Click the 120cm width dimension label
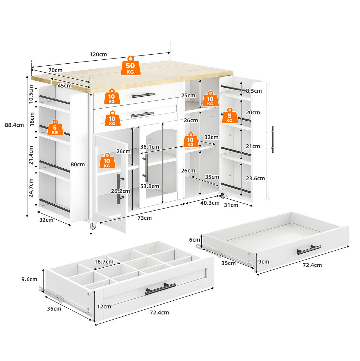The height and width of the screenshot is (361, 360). click(x=98, y=55)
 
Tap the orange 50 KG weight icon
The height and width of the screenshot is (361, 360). click(x=130, y=66)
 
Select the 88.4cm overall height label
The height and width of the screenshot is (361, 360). click(x=14, y=125)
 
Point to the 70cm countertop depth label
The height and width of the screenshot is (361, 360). click(x=55, y=70)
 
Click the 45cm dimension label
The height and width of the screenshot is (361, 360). click(x=64, y=86)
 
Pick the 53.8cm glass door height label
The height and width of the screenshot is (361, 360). click(x=150, y=186)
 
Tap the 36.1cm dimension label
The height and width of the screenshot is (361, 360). click(x=150, y=147)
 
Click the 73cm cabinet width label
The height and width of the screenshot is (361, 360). click(x=145, y=218)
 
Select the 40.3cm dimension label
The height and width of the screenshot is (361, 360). click(x=210, y=203)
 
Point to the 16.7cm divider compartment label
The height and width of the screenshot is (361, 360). click(x=104, y=262)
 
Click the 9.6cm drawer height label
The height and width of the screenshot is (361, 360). click(x=29, y=279)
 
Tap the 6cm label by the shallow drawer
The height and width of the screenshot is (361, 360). click(x=195, y=240)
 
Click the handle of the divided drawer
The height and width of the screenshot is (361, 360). click(x=160, y=289)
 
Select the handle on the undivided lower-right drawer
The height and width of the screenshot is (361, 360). click(x=309, y=250)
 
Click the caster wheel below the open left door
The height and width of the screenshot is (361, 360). click(x=93, y=226)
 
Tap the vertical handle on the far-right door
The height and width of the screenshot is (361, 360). click(x=273, y=139)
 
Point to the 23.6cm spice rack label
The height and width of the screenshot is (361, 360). click(x=255, y=178)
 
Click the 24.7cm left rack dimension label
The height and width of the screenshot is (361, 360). click(x=31, y=188)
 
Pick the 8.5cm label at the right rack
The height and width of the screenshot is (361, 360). click(x=254, y=91)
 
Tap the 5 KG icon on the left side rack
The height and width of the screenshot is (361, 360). click(x=55, y=128)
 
